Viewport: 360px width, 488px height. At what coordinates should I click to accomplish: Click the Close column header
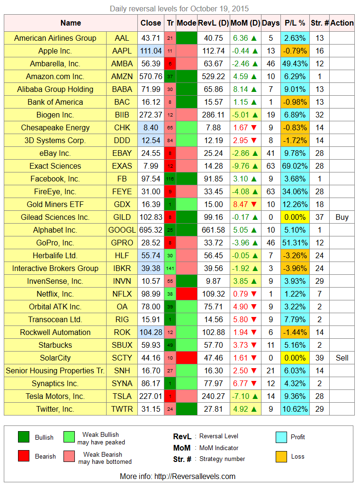click(x=151, y=23)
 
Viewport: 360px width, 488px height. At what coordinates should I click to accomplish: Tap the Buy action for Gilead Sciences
click(x=342, y=217)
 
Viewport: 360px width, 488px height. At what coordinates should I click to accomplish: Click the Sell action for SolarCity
click(x=342, y=358)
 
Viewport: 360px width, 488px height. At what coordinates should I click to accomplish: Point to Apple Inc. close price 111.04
click(x=151, y=51)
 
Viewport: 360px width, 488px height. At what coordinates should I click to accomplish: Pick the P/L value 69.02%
click(x=295, y=166)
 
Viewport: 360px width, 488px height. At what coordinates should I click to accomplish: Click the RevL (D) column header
click(x=213, y=23)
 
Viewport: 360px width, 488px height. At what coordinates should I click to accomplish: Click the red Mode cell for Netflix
click(x=186, y=294)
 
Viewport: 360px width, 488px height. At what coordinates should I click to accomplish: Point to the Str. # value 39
click(x=319, y=358)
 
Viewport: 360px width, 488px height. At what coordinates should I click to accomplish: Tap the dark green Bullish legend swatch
click(x=24, y=437)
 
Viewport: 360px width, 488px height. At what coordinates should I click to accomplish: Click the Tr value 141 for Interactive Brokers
click(x=170, y=268)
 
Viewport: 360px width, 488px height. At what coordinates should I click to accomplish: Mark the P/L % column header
click(x=295, y=23)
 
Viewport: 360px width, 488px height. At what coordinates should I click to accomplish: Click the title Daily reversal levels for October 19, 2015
click(x=180, y=9)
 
